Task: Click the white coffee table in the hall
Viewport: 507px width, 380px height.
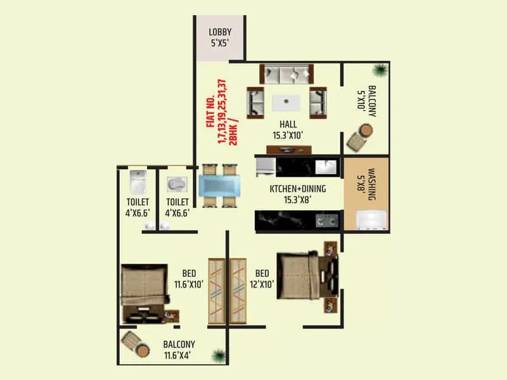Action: tap(286, 102)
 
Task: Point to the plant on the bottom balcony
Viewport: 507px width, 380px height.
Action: tap(219, 355)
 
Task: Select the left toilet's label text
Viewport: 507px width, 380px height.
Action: tap(137, 208)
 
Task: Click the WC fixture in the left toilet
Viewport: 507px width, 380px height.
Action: tap(138, 182)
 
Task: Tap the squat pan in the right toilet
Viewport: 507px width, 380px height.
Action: tap(176, 184)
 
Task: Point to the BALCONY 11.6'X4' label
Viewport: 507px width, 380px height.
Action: tap(179, 350)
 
